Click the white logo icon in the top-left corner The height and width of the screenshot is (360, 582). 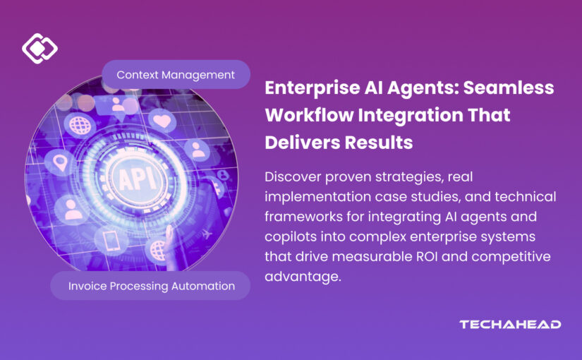(40, 48)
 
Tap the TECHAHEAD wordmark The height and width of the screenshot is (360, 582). (510, 324)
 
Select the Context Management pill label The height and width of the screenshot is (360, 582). (176, 74)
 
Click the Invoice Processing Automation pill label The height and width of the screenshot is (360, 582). (152, 286)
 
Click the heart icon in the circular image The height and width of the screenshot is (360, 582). (163, 121)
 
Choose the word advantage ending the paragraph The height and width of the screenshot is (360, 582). (301, 275)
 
